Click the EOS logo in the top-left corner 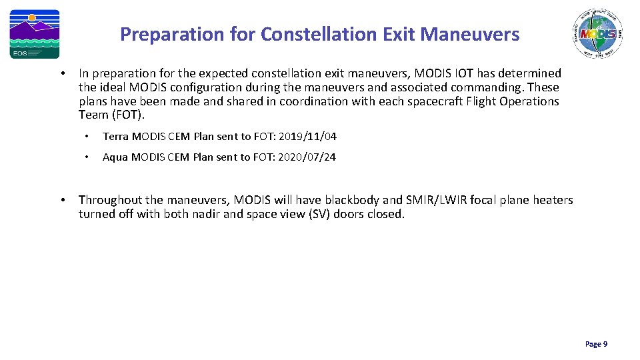point(34,34)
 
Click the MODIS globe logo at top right point(597,33)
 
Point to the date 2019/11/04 point(308,137)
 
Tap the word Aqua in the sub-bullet point(115,157)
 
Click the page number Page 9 point(596,344)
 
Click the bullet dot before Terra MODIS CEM point(87,137)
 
